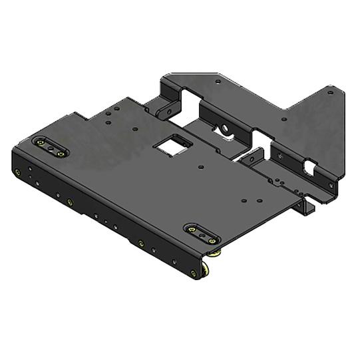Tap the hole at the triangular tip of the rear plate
[x=330, y=94]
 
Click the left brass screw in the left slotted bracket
[x=41, y=142]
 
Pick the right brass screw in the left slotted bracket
[x=61, y=153]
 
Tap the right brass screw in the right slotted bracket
[x=211, y=240]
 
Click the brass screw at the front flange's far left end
[x=18, y=172]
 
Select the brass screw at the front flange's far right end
[x=194, y=273]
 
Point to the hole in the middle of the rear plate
[x=284, y=120]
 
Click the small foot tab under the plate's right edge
[x=309, y=207]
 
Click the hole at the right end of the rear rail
[x=331, y=184]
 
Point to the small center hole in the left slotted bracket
[x=51, y=148]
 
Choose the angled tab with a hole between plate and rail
[x=252, y=159]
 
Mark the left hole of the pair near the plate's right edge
[x=244, y=200]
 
